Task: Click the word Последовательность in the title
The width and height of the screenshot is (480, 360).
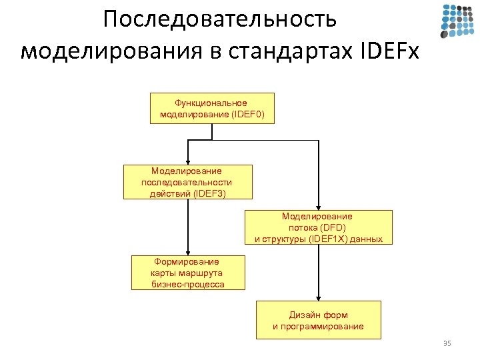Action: (220, 19)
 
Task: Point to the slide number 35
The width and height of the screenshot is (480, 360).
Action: (447, 343)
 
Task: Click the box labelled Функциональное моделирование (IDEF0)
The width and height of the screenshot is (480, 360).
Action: (212, 109)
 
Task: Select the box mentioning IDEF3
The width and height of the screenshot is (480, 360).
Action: (188, 182)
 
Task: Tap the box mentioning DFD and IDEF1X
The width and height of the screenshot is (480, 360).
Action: (319, 227)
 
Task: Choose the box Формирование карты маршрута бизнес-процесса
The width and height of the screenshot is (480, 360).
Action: (188, 273)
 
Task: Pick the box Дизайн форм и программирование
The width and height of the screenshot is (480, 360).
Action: (319, 320)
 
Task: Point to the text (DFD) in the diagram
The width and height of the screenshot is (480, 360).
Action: (331, 227)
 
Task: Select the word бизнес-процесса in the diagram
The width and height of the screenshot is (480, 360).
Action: (188, 284)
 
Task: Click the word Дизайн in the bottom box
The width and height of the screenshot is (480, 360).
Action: (304, 314)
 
